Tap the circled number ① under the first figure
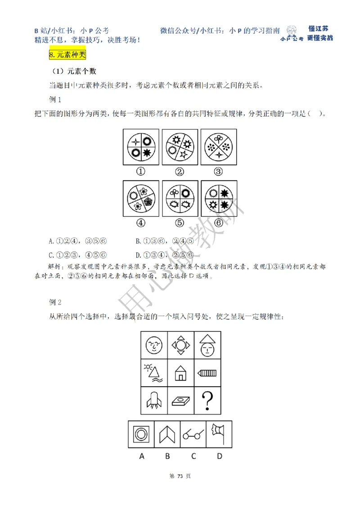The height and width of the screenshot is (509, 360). [x=141, y=171]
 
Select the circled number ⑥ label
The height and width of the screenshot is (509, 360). [x=219, y=222]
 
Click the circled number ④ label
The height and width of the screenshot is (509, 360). [x=141, y=222]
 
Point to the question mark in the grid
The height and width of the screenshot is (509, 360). [x=207, y=401]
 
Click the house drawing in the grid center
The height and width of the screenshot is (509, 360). [x=180, y=373]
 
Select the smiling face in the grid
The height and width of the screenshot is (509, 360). [x=154, y=345]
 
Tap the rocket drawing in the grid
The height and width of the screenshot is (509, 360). [x=153, y=400]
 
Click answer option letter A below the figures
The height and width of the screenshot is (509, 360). [x=142, y=456]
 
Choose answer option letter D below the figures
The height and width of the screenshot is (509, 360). [x=220, y=456]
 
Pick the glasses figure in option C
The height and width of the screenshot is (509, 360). [x=193, y=434]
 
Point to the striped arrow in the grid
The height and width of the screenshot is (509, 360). [x=207, y=373]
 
